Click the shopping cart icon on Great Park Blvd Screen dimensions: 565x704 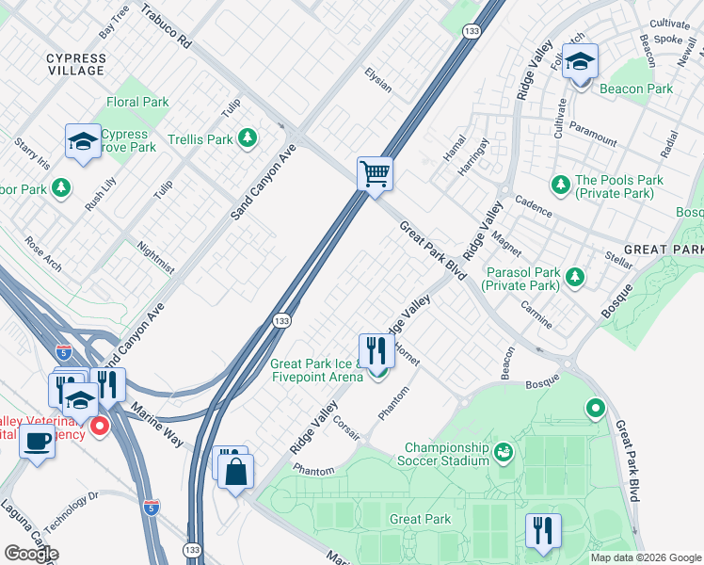(375, 173)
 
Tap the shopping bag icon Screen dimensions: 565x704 (236, 469)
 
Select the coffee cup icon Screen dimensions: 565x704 (38, 439)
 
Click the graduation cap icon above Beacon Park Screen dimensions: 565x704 (580, 62)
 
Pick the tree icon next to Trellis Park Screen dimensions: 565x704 (248, 139)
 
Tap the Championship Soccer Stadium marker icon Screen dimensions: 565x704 (504, 453)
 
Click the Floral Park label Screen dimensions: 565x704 (137, 102)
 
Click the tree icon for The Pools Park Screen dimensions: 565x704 (560, 182)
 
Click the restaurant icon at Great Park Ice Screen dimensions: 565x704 (375, 350)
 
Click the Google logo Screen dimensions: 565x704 (31, 553)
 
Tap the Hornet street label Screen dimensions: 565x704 (407, 353)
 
